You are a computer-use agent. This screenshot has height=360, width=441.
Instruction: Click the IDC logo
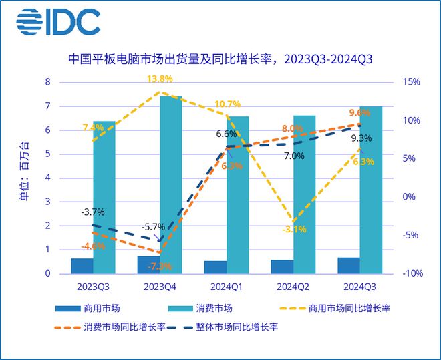58,22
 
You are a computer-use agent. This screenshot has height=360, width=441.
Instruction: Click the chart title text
220,59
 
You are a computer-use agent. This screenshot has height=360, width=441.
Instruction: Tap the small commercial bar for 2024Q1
215,267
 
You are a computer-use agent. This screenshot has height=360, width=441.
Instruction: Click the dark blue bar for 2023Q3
82,266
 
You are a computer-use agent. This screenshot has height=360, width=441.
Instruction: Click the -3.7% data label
92,212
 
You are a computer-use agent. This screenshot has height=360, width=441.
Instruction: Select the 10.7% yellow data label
227,104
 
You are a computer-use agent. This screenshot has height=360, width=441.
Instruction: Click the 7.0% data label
294,156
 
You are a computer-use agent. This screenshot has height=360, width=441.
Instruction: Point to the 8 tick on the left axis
47,82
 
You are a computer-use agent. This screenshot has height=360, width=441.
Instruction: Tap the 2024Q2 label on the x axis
293,288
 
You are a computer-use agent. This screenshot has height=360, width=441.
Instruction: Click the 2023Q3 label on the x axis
93,288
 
